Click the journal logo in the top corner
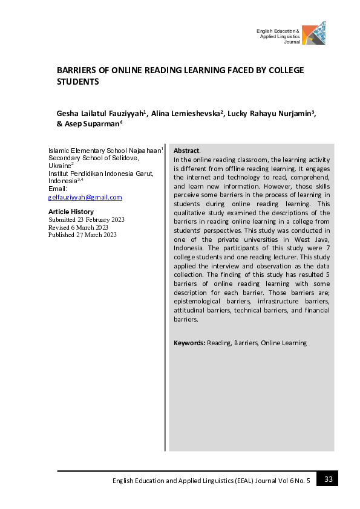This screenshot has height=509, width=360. [x=313, y=33]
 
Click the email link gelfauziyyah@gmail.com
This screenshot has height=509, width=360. [x=85, y=197]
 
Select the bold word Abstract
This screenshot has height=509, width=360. [x=186, y=150]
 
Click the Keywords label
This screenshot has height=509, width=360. [x=189, y=343]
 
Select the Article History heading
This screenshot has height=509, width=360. [x=71, y=212]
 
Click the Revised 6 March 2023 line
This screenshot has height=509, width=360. [x=78, y=227]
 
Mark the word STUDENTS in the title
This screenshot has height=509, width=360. [x=77, y=82]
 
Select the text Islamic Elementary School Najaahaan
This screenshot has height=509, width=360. [x=104, y=150]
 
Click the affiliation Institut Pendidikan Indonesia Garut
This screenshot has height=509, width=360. [x=100, y=173]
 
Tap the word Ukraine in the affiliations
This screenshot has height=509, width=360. [x=59, y=165]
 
